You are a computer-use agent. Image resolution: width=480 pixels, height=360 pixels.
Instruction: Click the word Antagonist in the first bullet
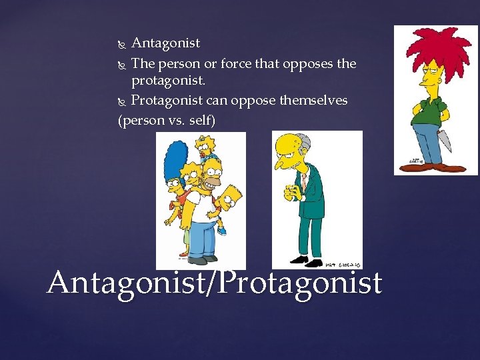point(165,43)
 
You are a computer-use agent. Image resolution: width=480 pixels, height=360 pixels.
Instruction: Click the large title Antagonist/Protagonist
point(214,283)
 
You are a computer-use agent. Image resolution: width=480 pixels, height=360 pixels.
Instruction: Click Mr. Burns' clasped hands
point(291,194)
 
